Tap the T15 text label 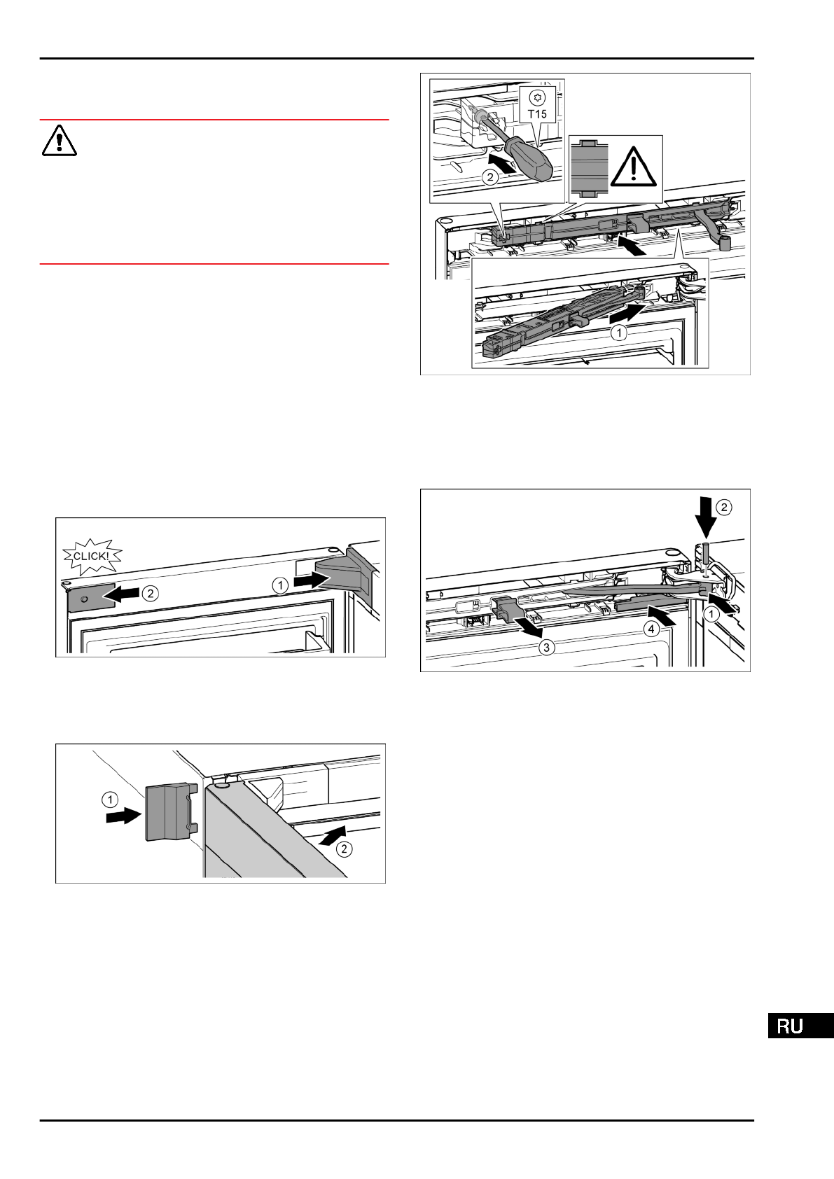pyautogui.click(x=538, y=113)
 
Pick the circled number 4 pyautogui.click(x=652, y=629)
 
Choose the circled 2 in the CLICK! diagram pyautogui.click(x=149, y=594)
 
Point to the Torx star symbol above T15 pyautogui.click(x=538, y=97)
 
